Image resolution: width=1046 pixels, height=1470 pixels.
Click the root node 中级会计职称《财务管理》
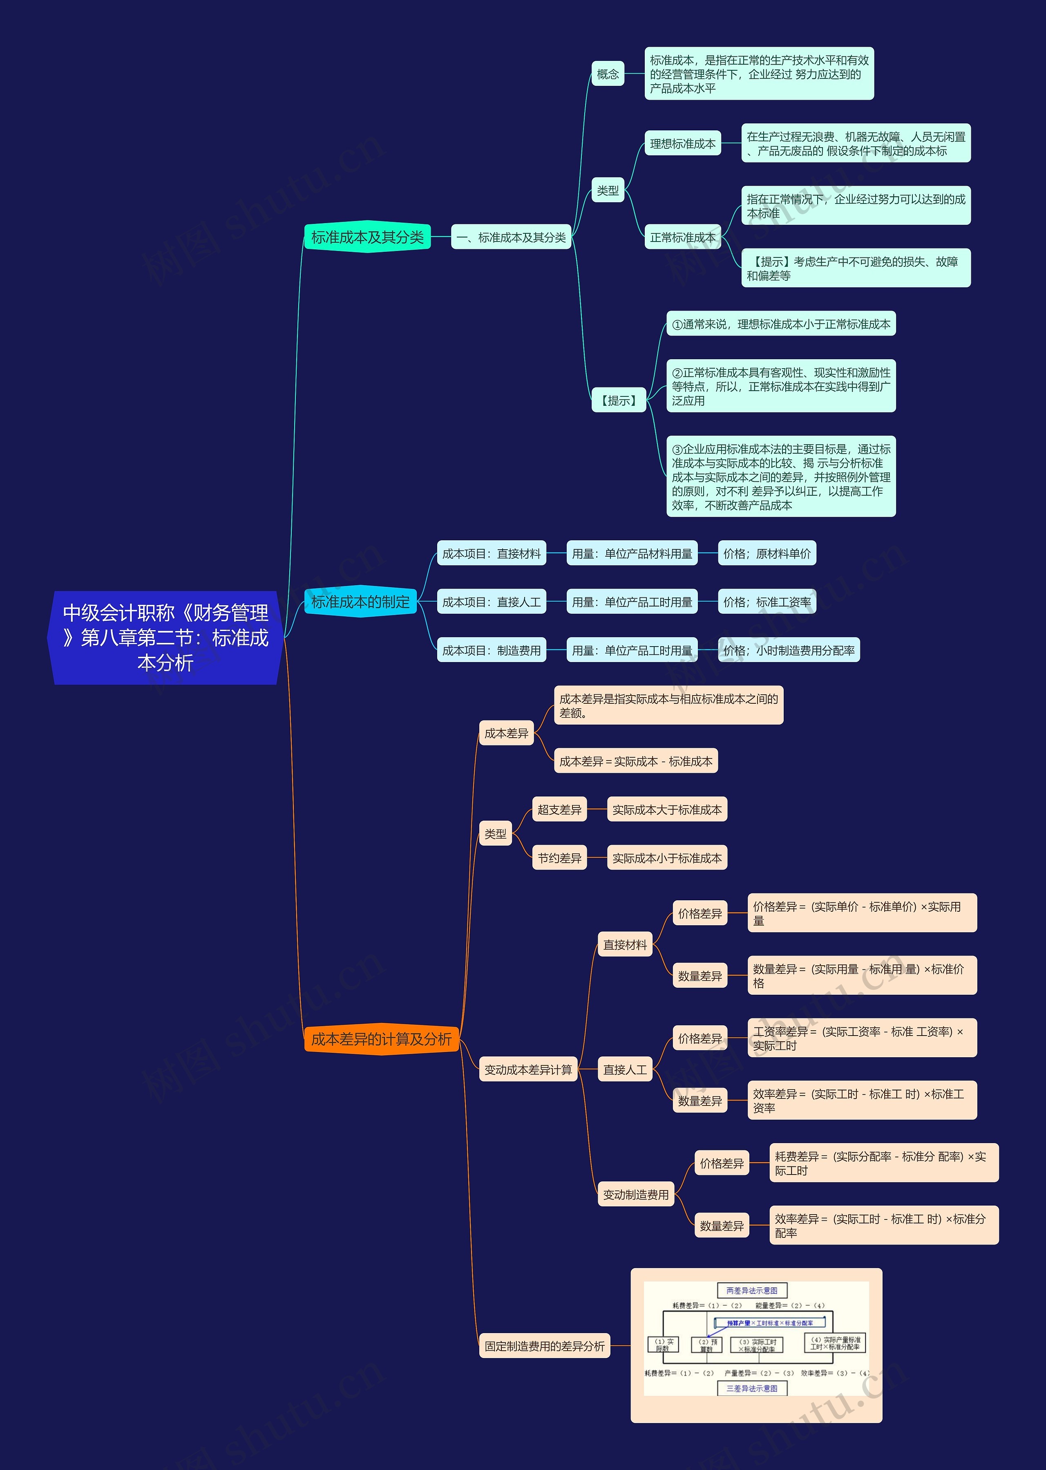(x=165, y=637)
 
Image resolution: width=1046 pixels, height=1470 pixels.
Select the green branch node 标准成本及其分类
(x=367, y=237)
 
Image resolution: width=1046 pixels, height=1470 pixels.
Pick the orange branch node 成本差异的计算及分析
(x=381, y=1038)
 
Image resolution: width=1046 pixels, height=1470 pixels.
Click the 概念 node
(x=608, y=74)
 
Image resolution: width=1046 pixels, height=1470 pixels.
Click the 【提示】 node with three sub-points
(x=618, y=401)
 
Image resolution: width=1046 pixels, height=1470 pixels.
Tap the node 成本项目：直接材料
(x=491, y=553)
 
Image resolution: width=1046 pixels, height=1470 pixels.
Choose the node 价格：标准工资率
(x=767, y=602)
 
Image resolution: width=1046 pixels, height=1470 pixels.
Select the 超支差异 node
(x=559, y=810)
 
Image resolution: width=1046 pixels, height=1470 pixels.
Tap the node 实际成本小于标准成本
(x=667, y=858)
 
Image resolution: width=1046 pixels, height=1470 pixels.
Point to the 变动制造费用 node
(x=635, y=1194)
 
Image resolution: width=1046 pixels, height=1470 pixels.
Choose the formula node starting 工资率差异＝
(x=861, y=1038)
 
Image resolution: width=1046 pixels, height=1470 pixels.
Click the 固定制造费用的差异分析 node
(x=544, y=1346)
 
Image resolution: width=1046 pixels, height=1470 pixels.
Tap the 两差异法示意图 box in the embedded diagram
(x=752, y=1290)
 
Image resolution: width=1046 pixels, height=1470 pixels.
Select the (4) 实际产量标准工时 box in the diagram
(x=835, y=1343)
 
